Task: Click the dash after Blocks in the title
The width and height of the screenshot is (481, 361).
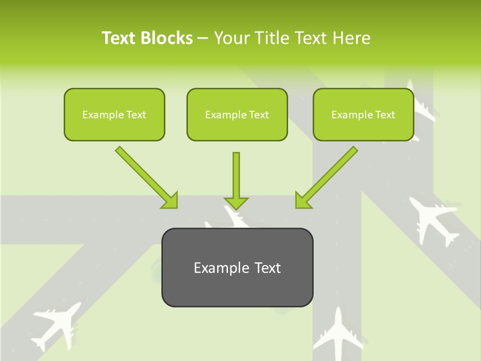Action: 203,39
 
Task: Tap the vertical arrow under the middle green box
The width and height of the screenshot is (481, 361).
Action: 236,180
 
